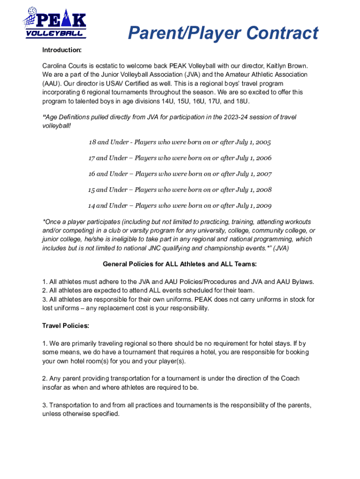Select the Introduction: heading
click(x=62, y=50)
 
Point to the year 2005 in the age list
click(x=262, y=142)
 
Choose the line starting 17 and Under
click(x=180, y=158)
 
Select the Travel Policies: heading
click(x=65, y=325)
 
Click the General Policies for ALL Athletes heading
click(x=180, y=264)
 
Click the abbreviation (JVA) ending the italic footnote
click(x=281, y=248)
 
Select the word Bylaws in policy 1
click(x=302, y=282)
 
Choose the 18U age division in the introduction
click(x=242, y=101)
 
